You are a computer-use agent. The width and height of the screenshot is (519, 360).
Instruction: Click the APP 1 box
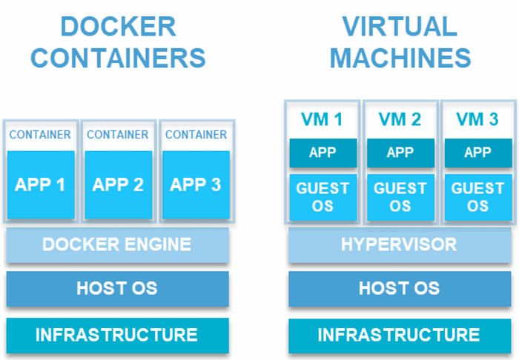point(41,184)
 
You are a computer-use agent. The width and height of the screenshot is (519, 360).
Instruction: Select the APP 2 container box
point(118,184)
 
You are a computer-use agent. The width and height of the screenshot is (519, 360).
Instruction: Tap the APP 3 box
point(196,184)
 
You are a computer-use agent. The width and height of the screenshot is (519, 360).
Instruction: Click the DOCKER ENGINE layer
point(117,244)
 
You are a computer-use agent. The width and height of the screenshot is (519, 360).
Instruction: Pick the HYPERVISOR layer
point(399,244)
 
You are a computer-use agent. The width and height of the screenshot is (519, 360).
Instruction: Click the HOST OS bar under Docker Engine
point(117,288)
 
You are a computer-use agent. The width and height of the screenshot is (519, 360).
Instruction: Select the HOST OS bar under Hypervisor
point(399,288)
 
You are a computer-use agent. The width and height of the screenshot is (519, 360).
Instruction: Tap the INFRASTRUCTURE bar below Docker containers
point(117,335)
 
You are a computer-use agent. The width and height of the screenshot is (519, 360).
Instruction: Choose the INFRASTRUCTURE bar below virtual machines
point(399,335)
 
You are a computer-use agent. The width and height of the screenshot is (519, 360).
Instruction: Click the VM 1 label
point(323,119)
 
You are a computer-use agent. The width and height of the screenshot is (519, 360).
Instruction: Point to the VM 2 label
point(400,119)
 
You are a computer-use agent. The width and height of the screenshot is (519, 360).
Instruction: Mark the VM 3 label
point(477,119)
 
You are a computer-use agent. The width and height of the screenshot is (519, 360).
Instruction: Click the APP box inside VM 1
point(323,153)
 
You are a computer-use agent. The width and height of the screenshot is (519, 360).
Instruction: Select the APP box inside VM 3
point(477,153)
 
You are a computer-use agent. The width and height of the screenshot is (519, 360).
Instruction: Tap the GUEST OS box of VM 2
point(400,197)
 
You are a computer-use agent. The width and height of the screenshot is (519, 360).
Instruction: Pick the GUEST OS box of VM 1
point(323,197)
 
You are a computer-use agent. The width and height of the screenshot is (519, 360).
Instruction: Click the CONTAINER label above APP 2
point(118,135)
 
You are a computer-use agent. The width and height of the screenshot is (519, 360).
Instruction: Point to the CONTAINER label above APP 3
point(196,135)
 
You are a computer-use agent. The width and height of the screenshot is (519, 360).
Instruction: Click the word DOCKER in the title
point(118,27)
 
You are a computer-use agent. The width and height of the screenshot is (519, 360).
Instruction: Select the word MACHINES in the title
point(400,58)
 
